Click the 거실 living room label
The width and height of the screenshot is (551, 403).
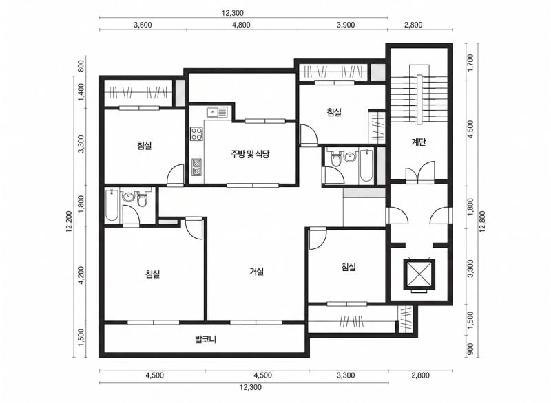pyautogui.click(x=257, y=271)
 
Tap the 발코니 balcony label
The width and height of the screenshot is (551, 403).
pyautogui.click(x=205, y=339)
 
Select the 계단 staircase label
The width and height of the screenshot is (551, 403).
pyautogui.click(x=419, y=142)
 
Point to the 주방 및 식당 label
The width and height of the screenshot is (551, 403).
pyautogui.click(x=250, y=153)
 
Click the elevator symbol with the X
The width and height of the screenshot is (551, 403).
pyautogui.click(x=419, y=274)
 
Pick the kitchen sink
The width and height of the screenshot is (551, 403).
pyautogui.click(x=217, y=112)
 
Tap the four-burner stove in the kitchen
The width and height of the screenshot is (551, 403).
pyautogui.click(x=196, y=133)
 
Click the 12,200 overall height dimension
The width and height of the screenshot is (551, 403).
pyautogui.click(x=69, y=221)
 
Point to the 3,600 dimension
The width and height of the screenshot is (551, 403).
pyautogui.click(x=143, y=25)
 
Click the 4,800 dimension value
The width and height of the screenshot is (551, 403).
pyautogui.click(x=242, y=25)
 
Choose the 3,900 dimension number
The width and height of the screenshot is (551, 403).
pyautogui.click(x=346, y=25)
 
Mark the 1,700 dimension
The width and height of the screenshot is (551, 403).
pyautogui.click(x=471, y=63)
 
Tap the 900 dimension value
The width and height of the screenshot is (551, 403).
pyautogui.click(x=471, y=349)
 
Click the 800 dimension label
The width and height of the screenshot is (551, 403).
pyautogui.click(x=81, y=66)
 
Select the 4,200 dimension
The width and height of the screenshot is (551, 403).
pyautogui.click(x=81, y=275)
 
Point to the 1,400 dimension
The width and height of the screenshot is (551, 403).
pyautogui.click(x=81, y=92)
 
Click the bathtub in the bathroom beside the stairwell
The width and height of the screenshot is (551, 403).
pyautogui.click(x=366, y=165)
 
